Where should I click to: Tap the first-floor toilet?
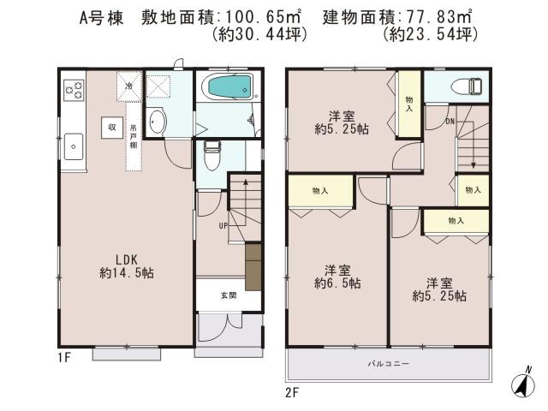tap(212, 154)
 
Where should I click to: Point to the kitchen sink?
tap(72, 145)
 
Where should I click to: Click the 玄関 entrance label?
tap(227, 295)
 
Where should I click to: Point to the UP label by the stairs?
tap(223, 226)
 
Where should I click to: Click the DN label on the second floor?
tap(449, 122)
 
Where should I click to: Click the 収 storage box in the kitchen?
tap(111, 126)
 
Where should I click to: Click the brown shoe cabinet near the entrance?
tap(253, 265)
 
